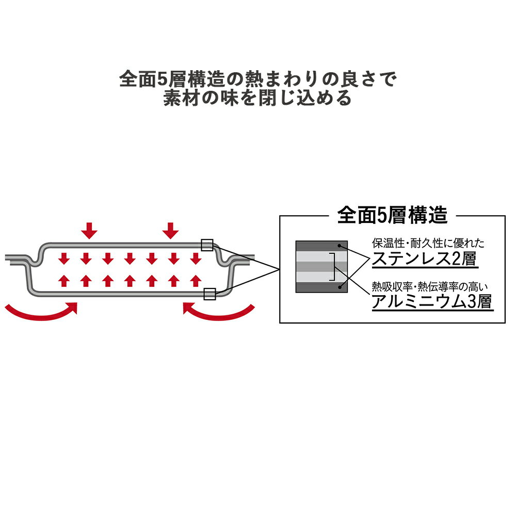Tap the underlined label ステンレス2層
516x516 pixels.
[425, 259]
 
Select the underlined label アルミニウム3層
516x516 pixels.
[432, 301]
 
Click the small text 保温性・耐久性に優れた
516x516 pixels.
[428, 243]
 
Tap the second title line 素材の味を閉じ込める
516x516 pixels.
[258, 98]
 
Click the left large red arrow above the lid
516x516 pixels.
[89, 231]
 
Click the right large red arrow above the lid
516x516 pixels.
[170, 231]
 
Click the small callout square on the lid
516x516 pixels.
[207, 245]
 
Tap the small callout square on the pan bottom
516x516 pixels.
[209, 294]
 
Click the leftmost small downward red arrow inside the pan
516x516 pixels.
[64, 259]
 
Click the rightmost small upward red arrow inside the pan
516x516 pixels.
[196, 281]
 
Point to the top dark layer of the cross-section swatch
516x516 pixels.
[321, 246]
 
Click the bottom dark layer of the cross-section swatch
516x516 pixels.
[321, 287]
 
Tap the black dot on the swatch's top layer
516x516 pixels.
[339, 246]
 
